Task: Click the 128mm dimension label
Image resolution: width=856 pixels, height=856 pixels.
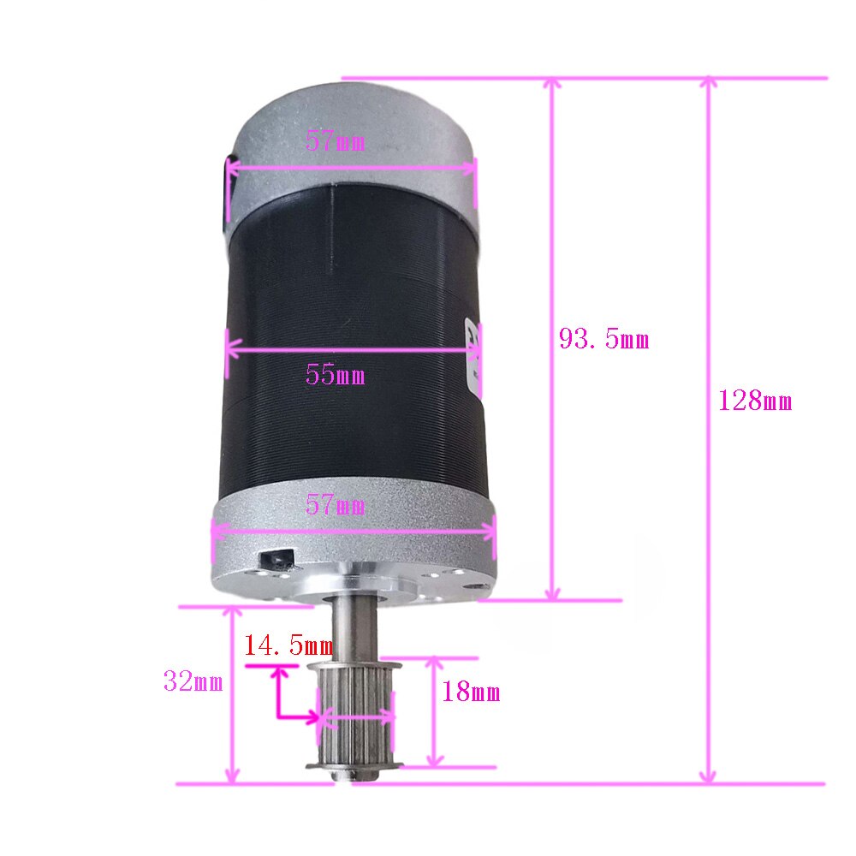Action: (x=755, y=401)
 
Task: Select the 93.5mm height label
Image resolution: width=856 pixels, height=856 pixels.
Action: (x=603, y=340)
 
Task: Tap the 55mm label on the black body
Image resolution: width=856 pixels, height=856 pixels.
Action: (x=335, y=375)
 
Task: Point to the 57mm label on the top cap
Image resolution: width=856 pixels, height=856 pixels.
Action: (x=335, y=142)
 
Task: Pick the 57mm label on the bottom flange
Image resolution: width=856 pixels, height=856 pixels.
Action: (x=335, y=506)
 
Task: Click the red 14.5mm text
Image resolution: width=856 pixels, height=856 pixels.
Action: (x=288, y=645)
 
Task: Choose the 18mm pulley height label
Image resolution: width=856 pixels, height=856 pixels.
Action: (x=470, y=693)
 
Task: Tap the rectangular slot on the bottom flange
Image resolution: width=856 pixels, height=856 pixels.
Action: (x=276, y=560)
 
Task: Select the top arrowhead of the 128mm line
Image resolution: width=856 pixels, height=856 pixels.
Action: (x=707, y=84)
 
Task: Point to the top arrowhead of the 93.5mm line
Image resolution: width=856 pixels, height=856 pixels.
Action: (x=553, y=84)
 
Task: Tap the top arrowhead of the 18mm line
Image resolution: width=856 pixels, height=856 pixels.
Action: (x=435, y=663)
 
